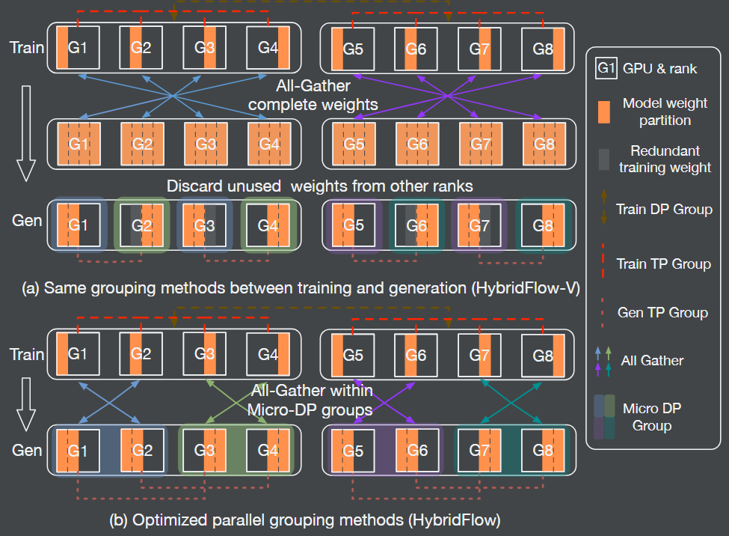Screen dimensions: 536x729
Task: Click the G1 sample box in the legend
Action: tap(606, 69)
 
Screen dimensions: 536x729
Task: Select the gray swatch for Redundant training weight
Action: tap(605, 159)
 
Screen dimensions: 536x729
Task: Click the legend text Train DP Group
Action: tap(664, 209)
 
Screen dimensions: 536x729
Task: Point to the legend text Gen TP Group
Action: tap(662, 312)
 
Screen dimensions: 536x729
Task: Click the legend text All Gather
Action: tap(652, 360)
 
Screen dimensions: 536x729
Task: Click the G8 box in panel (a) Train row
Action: tap(544, 48)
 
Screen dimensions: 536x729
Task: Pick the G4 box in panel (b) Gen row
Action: tap(267, 451)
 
